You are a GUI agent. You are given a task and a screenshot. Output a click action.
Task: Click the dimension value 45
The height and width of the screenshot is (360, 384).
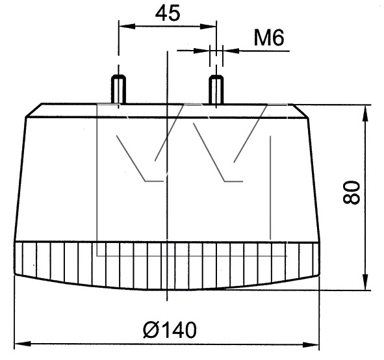[x=168, y=13]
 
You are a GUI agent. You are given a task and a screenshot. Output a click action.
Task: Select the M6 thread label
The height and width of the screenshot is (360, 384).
[x=269, y=38]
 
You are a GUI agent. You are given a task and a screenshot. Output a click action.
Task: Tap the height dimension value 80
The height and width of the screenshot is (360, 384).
[x=352, y=192]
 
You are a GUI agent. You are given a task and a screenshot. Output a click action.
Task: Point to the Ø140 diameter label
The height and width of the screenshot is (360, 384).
[x=170, y=329]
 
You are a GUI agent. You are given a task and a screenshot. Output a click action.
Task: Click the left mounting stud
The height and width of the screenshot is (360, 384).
[x=118, y=89]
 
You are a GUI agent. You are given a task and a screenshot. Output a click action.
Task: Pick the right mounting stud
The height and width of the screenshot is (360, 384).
[x=216, y=90]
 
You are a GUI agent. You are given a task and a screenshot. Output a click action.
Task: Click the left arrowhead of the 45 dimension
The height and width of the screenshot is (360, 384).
[x=127, y=26]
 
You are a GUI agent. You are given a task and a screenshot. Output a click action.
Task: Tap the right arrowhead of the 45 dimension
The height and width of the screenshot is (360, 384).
[x=208, y=26]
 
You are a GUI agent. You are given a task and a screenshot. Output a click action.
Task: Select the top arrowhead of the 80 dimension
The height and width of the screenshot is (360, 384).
[x=365, y=113]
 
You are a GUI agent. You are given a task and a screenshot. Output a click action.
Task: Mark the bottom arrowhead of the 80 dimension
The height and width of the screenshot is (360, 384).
[x=365, y=282]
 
